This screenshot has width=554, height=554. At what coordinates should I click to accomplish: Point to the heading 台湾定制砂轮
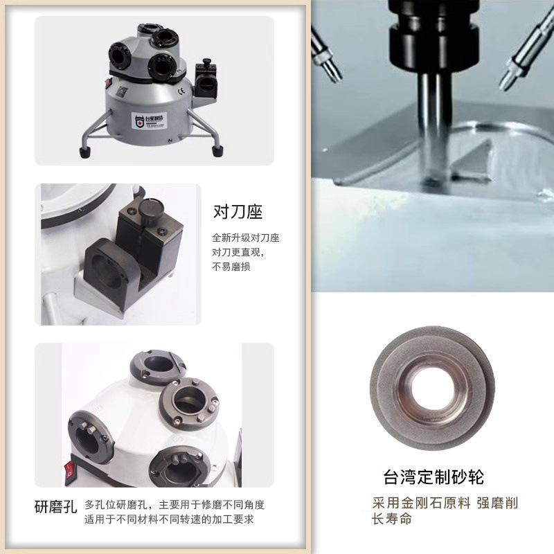click(x=434, y=477)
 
